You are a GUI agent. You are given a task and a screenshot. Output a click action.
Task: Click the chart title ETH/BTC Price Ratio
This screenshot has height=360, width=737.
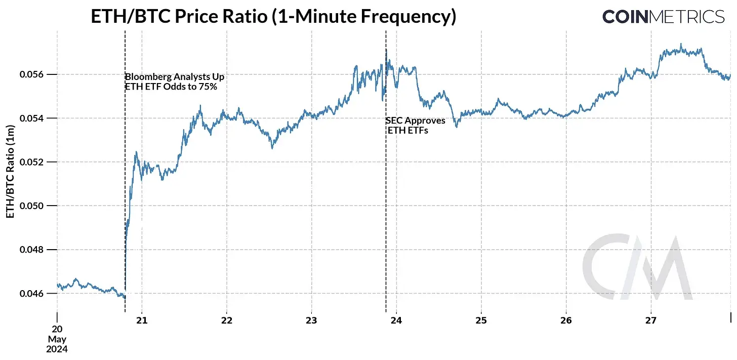[273, 17]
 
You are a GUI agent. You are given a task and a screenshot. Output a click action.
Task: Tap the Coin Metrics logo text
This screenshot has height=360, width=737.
[663, 17]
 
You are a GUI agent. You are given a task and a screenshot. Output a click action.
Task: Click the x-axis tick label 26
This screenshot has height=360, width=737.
[566, 321]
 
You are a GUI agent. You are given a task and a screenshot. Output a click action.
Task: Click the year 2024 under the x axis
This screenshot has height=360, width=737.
[57, 349]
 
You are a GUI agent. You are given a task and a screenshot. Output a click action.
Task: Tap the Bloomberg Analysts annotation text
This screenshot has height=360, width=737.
[174, 82]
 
